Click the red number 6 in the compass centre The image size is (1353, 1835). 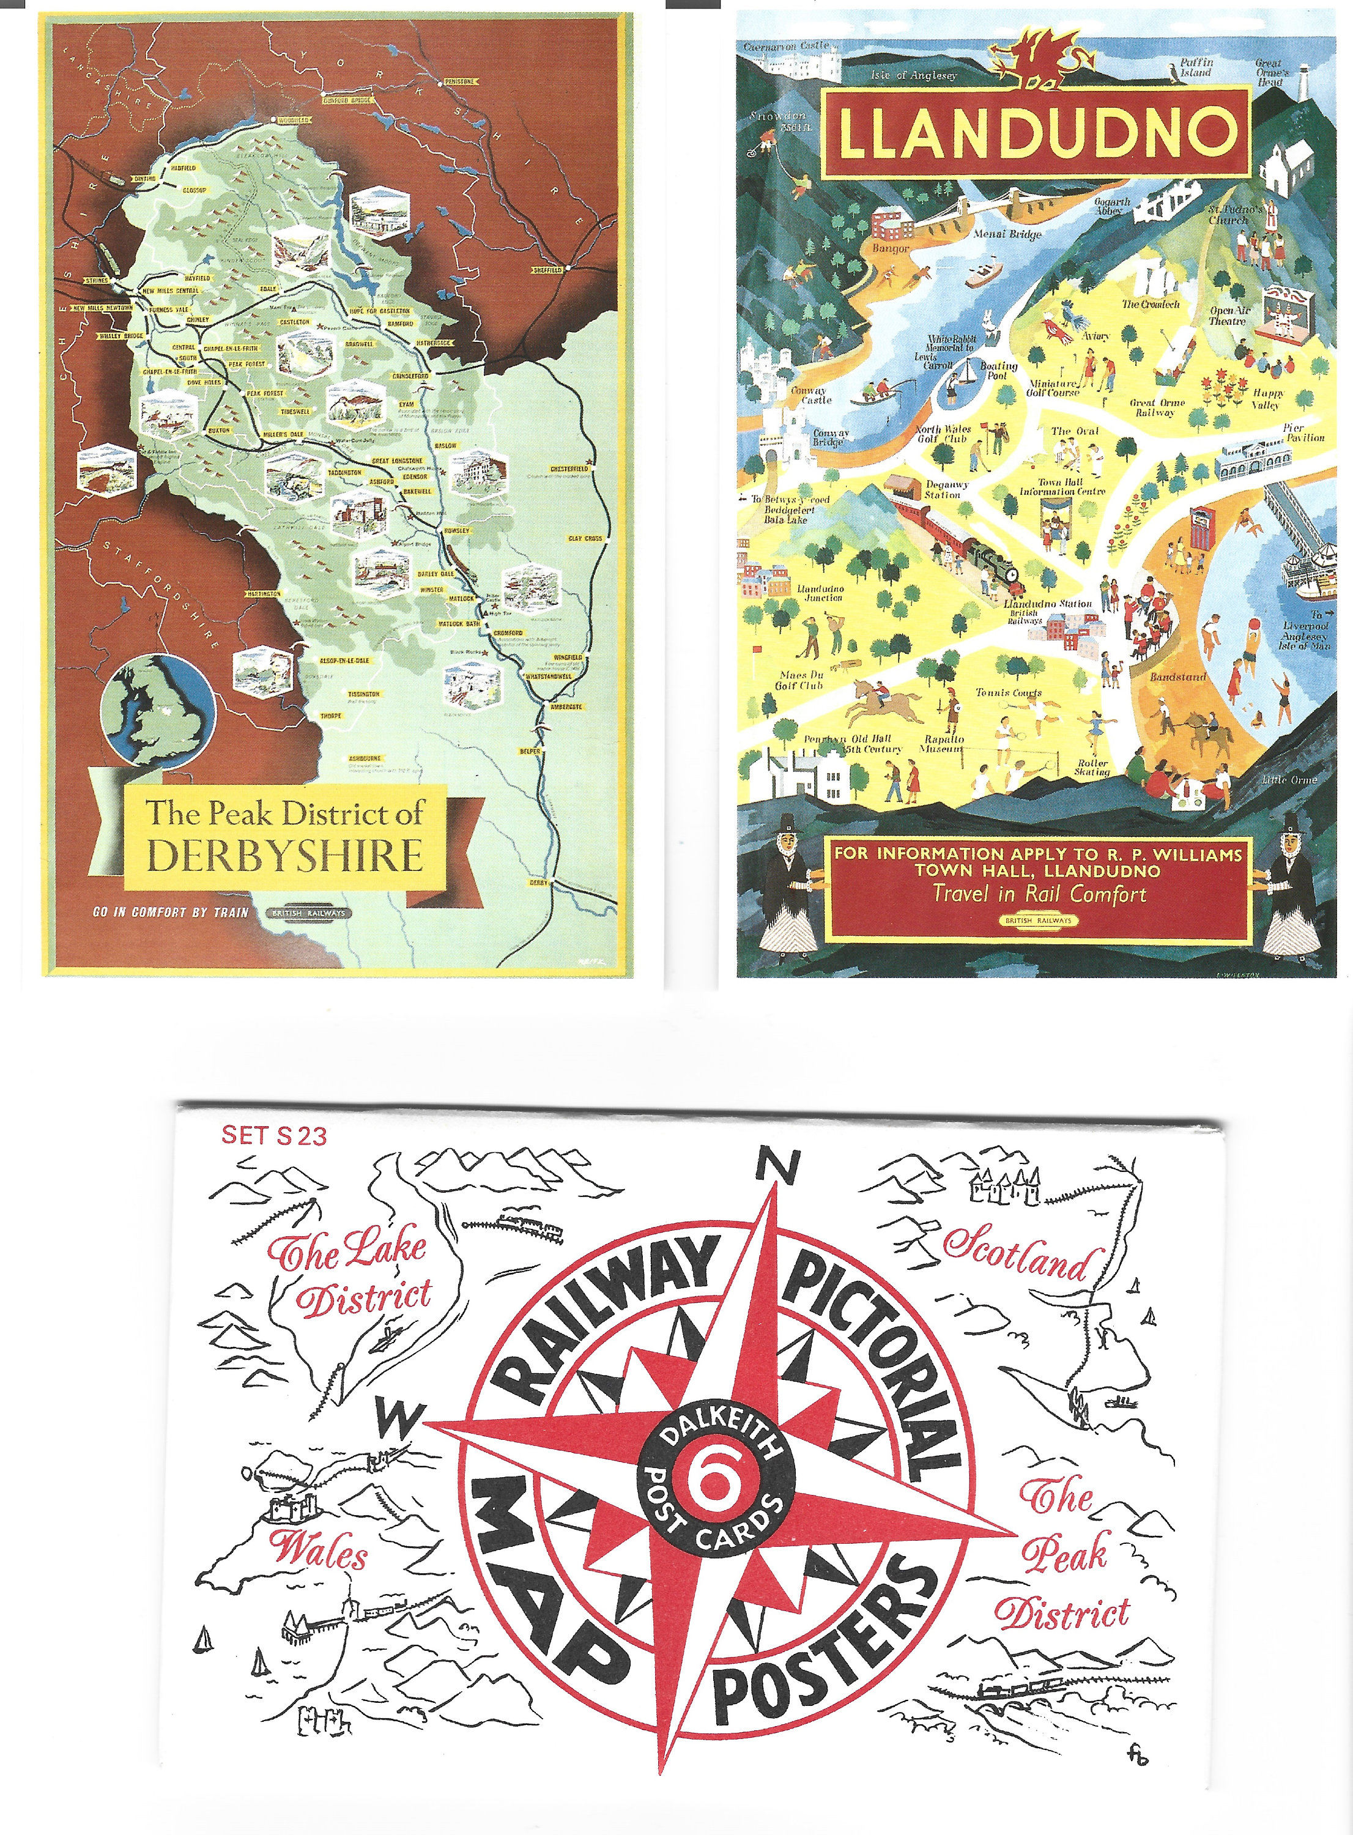pyautogui.click(x=711, y=1483)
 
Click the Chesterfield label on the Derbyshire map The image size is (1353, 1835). pyautogui.click(x=568, y=469)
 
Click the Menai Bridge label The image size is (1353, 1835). pyautogui.click(x=1007, y=234)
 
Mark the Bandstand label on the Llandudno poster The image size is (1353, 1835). pyautogui.click(x=1177, y=677)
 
